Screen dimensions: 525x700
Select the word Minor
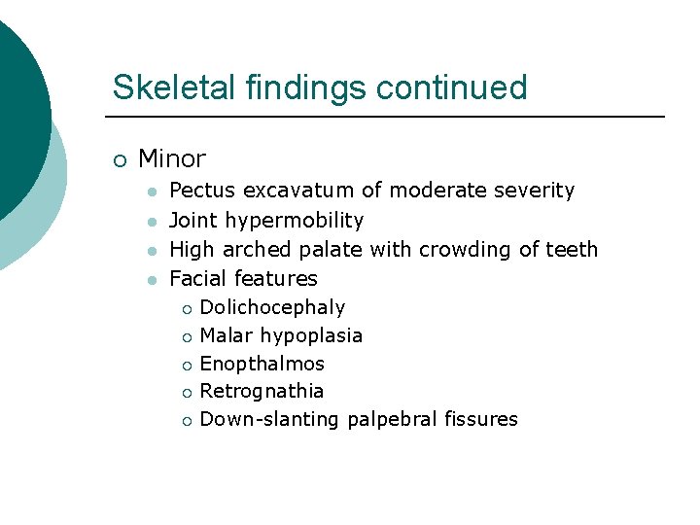[172, 158]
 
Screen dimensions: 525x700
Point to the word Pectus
[202, 191]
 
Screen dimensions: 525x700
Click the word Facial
[199, 279]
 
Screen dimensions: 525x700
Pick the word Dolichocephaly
[272, 308]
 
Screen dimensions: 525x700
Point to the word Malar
[225, 336]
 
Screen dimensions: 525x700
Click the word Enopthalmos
[262, 365]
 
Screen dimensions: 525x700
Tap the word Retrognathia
[262, 392]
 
